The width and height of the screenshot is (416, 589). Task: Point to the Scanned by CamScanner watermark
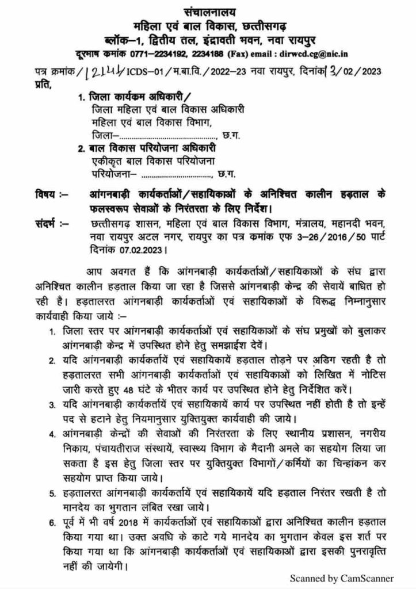point(341,578)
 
